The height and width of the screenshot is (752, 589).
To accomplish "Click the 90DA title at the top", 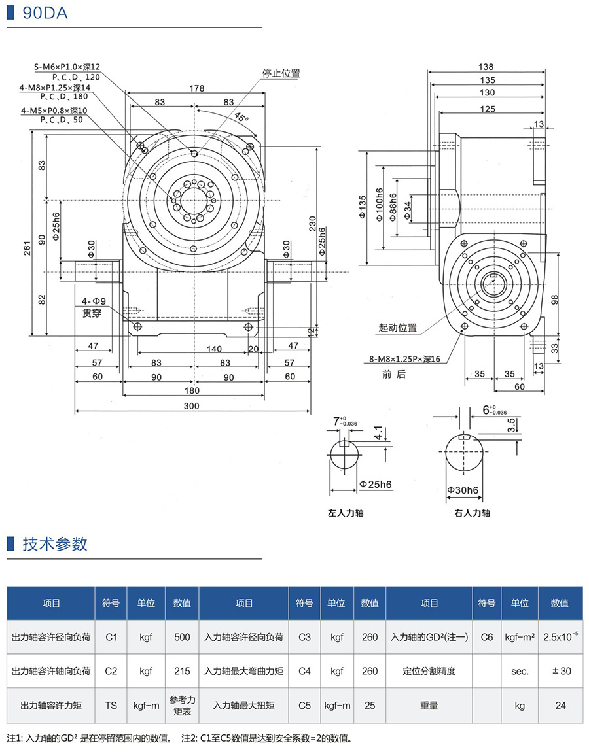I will [x=45, y=14].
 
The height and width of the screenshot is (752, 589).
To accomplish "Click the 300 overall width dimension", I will [x=191, y=406].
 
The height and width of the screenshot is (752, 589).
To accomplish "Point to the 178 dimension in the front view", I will [x=196, y=88].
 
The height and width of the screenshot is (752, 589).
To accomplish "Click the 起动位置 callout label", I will [x=397, y=328].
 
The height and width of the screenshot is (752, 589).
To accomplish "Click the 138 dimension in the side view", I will [x=486, y=67].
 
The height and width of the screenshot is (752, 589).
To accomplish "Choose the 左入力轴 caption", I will [x=345, y=513].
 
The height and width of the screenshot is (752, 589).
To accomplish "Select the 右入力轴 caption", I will [x=472, y=513].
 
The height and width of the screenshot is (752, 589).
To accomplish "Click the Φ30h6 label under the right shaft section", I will [x=462, y=490].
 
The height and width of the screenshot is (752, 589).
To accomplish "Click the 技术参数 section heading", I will [x=55, y=544].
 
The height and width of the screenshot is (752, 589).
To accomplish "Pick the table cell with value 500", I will [x=182, y=636].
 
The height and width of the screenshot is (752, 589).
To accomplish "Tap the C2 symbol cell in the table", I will [x=111, y=671].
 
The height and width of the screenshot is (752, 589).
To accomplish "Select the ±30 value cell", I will [x=560, y=671].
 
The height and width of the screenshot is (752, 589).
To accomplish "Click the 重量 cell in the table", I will [x=429, y=706].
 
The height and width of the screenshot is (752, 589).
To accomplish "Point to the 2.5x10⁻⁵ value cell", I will [x=560, y=636].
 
